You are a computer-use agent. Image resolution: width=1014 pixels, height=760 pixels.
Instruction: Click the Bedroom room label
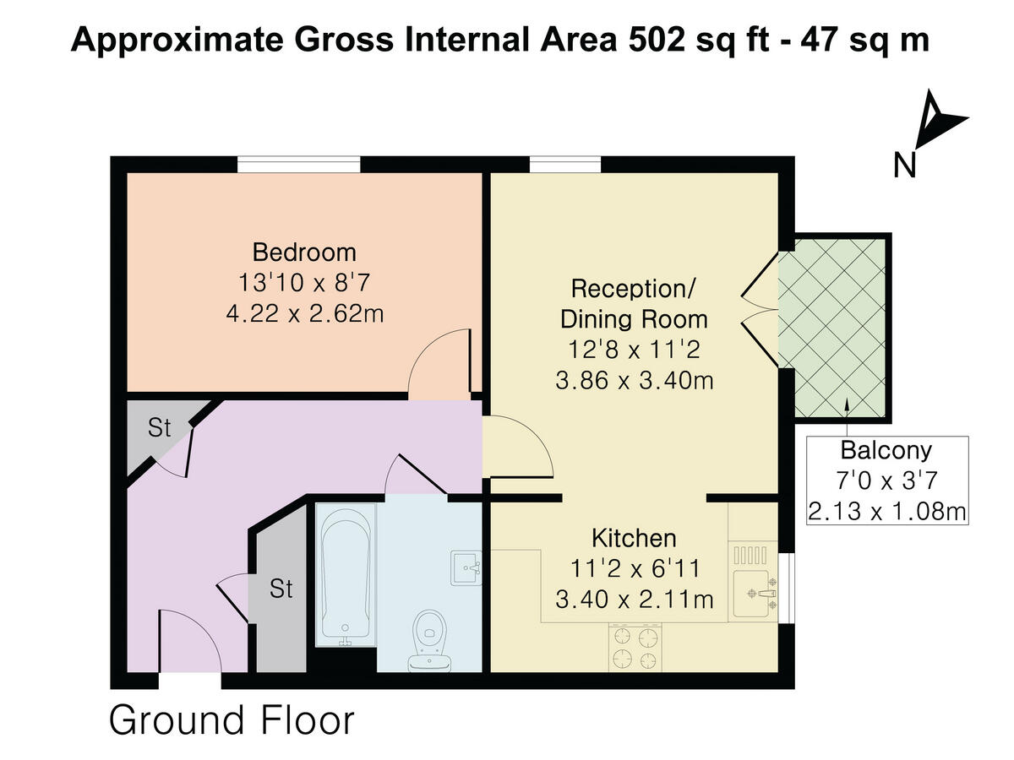tap(304, 252)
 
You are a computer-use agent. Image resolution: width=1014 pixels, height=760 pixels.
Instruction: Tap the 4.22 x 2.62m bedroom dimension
tap(304, 313)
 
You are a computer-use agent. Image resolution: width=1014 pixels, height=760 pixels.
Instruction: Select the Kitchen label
tap(634, 538)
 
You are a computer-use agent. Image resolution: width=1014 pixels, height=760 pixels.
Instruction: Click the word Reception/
tap(633, 288)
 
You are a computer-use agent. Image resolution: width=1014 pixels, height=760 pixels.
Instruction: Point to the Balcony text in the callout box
tap(886, 449)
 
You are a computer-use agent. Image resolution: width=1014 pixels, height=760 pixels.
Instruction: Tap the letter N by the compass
tap(905, 166)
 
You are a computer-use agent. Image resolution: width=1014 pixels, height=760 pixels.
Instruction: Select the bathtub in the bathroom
tap(345, 574)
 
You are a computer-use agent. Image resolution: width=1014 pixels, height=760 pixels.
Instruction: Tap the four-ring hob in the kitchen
tap(635, 648)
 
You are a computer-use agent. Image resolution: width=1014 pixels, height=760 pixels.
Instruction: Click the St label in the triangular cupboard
tap(159, 428)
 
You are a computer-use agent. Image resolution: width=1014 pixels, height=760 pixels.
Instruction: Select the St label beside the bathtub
tap(281, 589)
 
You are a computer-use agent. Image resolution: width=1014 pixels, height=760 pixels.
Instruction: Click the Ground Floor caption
tap(232, 720)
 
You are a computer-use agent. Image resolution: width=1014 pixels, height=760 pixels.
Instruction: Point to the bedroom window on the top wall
tap(298, 164)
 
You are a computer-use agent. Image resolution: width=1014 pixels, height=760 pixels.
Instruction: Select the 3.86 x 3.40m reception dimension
tap(634, 381)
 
